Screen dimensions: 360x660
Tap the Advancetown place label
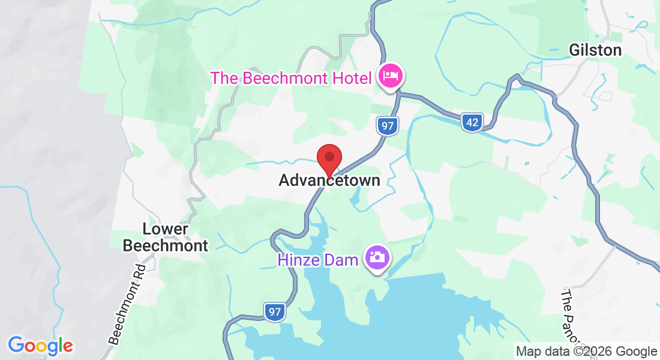(x=329, y=181)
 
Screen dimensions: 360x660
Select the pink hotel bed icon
(x=391, y=76)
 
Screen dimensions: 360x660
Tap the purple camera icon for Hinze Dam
(x=378, y=258)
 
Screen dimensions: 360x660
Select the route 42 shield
(x=473, y=123)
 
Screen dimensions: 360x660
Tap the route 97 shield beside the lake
(x=275, y=312)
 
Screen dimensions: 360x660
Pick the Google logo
(x=40, y=346)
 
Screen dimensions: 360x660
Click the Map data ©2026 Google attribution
(x=586, y=352)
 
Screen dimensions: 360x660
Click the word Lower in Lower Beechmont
(x=165, y=229)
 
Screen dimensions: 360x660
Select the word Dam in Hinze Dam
(x=344, y=260)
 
